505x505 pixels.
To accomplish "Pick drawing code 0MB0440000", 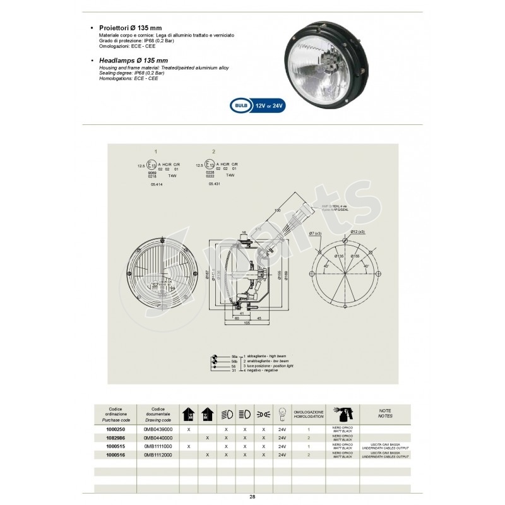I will pyautogui.click(x=158, y=437).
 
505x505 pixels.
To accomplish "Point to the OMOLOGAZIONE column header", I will pyautogui.click(x=309, y=413).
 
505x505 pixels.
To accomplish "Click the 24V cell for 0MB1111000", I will pyautogui.click(x=282, y=446).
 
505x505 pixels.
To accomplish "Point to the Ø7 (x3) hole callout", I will pyautogui.click(x=316, y=234).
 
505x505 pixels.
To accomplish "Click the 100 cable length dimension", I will pyautogui.click(x=277, y=210).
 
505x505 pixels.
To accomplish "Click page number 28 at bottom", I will pyautogui.click(x=252, y=497).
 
